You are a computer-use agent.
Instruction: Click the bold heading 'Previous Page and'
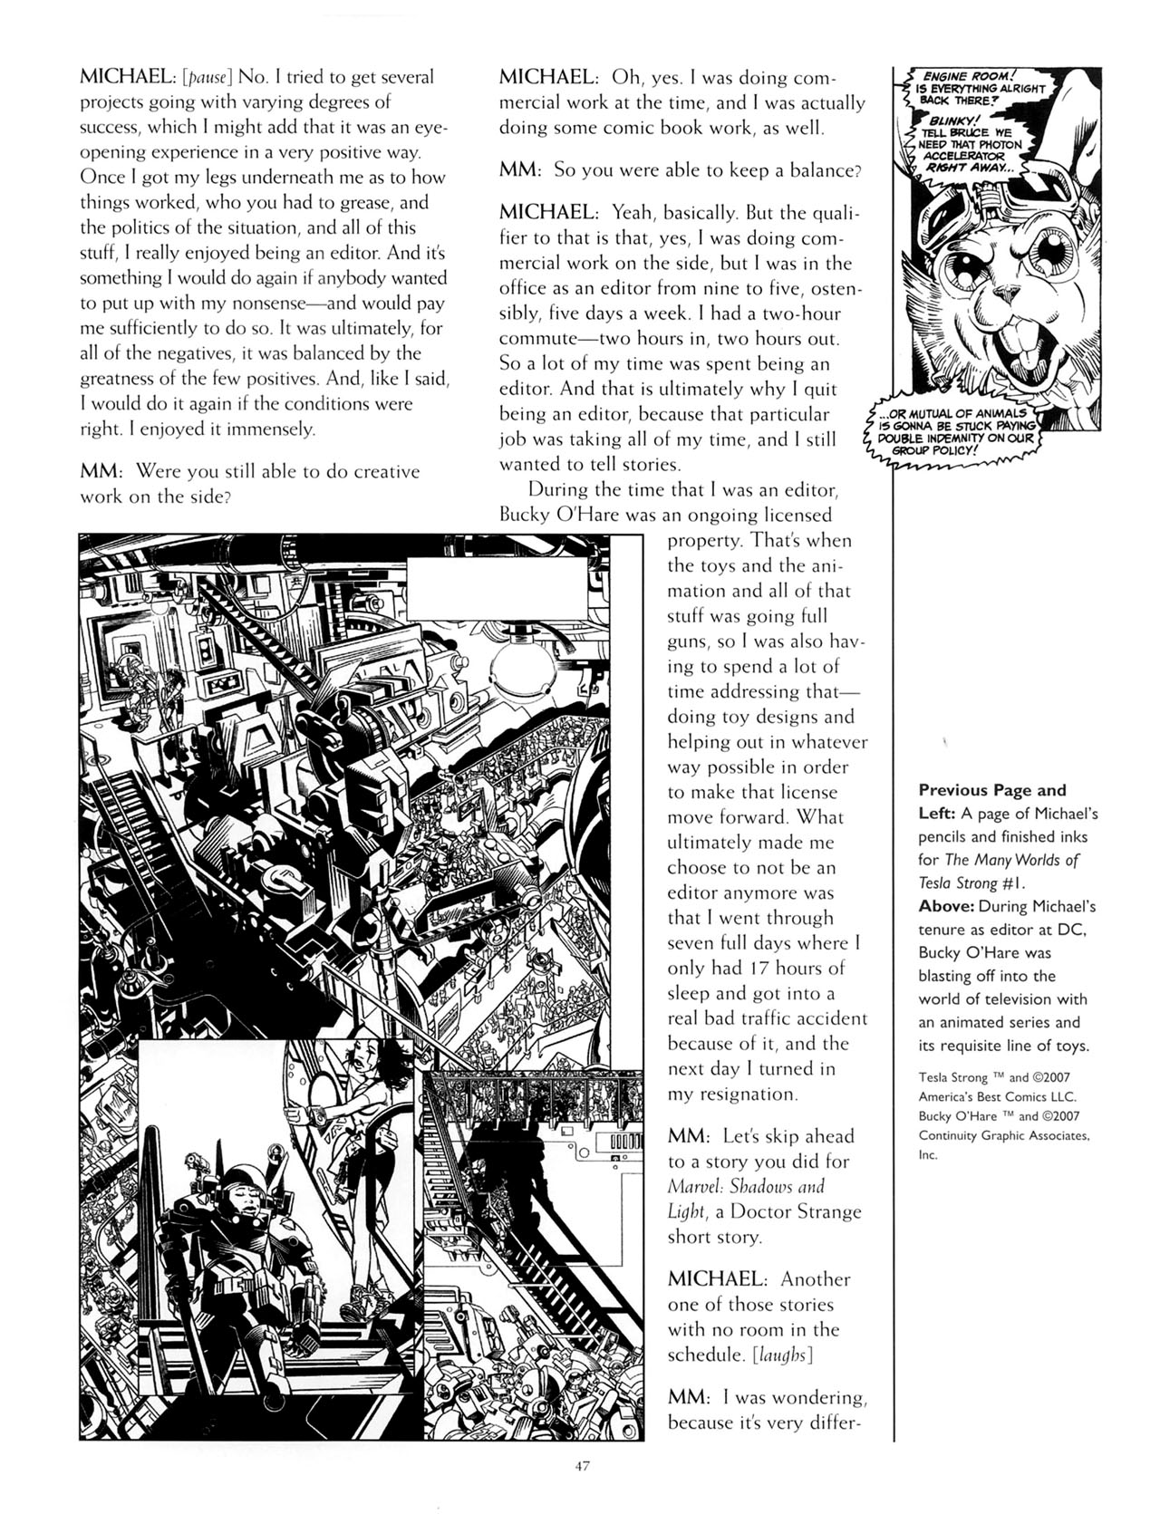[x=992, y=790]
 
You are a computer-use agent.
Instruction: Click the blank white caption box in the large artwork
[x=497, y=588]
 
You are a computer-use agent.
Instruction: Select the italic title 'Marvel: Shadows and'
[x=746, y=1186]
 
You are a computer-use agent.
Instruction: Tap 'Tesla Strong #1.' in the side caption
[x=971, y=882]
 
